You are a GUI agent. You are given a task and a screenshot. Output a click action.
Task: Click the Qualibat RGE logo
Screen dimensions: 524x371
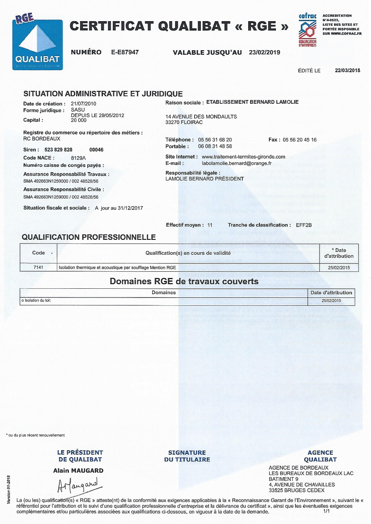[x=37, y=42]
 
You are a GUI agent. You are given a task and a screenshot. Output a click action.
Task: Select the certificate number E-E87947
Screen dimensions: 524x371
[x=125, y=52]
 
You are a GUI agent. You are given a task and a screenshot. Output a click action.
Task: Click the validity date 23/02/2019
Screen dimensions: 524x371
[x=264, y=52]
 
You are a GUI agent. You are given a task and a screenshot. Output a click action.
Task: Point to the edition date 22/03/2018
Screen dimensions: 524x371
[x=347, y=71]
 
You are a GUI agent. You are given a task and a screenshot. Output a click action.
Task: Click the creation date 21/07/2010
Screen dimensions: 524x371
[x=84, y=103]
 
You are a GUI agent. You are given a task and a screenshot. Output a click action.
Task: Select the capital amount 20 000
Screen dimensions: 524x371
[x=79, y=120]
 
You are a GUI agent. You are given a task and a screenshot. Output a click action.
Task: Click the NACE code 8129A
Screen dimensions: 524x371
[x=78, y=158]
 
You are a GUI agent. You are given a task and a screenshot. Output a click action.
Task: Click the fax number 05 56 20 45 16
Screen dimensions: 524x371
[x=300, y=140]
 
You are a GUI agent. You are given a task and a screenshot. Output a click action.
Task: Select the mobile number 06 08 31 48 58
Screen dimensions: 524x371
[x=215, y=146]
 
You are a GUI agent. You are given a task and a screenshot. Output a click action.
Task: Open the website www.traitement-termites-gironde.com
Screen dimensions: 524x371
[x=244, y=157]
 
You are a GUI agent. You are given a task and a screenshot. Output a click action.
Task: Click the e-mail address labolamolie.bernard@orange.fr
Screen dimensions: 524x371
[x=234, y=163]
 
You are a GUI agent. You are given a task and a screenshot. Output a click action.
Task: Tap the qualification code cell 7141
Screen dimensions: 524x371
[x=38, y=268]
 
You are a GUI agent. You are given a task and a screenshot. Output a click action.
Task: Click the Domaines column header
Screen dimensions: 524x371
[x=164, y=292]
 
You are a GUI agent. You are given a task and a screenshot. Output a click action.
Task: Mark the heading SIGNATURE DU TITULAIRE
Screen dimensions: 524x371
[x=187, y=456]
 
